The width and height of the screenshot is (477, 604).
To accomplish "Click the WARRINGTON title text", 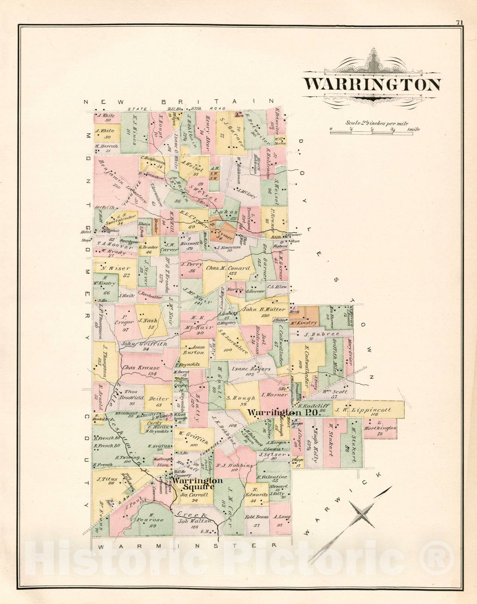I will (372, 85).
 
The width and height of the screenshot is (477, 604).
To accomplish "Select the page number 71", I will (459, 22).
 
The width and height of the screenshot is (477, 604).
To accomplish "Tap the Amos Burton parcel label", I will (193, 350).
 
